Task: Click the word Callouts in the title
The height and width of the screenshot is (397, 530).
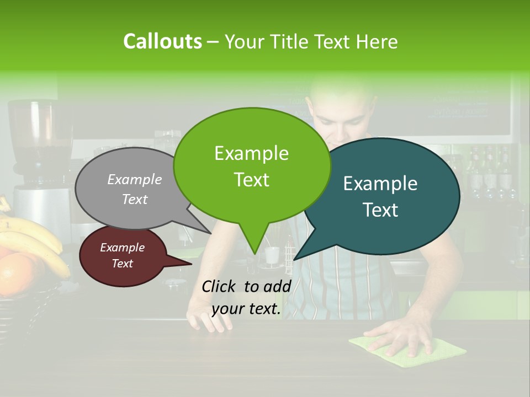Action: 162,41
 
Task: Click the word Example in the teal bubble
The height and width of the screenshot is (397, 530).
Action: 380,184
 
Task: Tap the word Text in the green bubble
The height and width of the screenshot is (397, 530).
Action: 252,180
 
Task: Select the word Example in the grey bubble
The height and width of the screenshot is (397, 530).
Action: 135,179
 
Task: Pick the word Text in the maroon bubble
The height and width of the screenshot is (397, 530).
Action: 123,264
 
